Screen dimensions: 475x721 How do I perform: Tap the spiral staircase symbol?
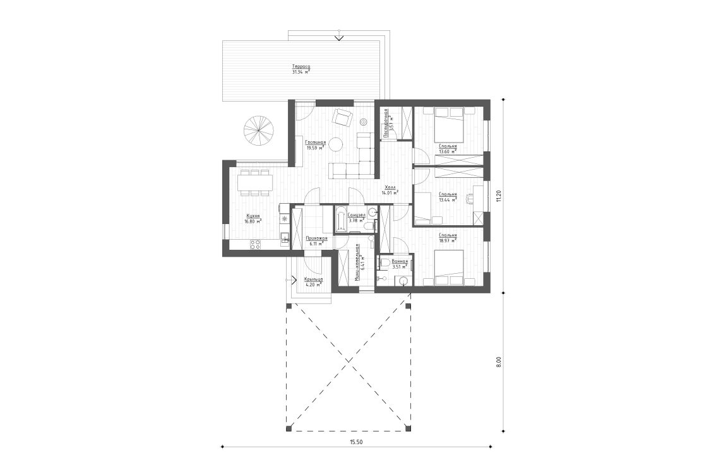pos(259,130)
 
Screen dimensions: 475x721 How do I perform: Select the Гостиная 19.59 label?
pos(316,146)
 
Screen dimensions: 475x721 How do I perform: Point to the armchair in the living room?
pos(342,117)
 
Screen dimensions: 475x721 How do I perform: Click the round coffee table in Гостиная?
pos(335,144)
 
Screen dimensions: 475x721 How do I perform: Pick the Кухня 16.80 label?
pos(253,219)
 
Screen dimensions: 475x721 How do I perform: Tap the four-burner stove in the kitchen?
pos(256,245)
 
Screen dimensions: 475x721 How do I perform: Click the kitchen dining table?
pos(255,183)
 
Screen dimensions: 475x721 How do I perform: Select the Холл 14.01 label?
pos(391,191)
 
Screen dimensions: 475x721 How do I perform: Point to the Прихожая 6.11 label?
pos(316,240)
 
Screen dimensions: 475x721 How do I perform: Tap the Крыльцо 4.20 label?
pos(313,281)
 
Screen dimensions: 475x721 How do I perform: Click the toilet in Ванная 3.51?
pos(384,262)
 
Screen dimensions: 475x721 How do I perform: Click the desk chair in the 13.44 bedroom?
pos(468,199)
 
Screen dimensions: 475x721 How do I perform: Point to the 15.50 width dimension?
pos(356,442)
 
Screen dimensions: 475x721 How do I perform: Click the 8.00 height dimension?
pos(498,363)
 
